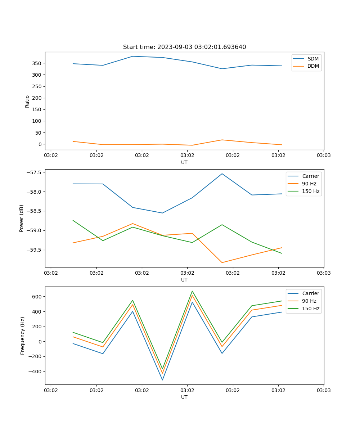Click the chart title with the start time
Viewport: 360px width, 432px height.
click(x=184, y=47)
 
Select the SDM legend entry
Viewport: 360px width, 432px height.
click(x=313, y=59)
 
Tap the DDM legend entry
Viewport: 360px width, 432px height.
click(x=313, y=66)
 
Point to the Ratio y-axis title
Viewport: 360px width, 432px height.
click(x=27, y=101)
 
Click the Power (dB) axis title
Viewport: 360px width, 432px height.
click(x=22, y=218)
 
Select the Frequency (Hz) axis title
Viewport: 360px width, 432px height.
click(x=22, y=336)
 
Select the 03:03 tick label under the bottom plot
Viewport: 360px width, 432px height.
click(x=323, y=390)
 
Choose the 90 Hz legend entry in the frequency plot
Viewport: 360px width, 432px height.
click(x=309, y=301)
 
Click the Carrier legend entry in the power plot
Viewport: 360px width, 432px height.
click(x=310, y=176)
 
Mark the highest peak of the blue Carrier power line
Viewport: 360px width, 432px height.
click(x=222, y=174)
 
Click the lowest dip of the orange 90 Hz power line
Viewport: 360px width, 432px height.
click(x=222, y=262)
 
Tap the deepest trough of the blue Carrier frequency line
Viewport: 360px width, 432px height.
click(x=162, y=380)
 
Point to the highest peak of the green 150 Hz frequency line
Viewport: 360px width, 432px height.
click(x=192, y=291)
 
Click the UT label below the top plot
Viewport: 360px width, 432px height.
click(x=184, y=162)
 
